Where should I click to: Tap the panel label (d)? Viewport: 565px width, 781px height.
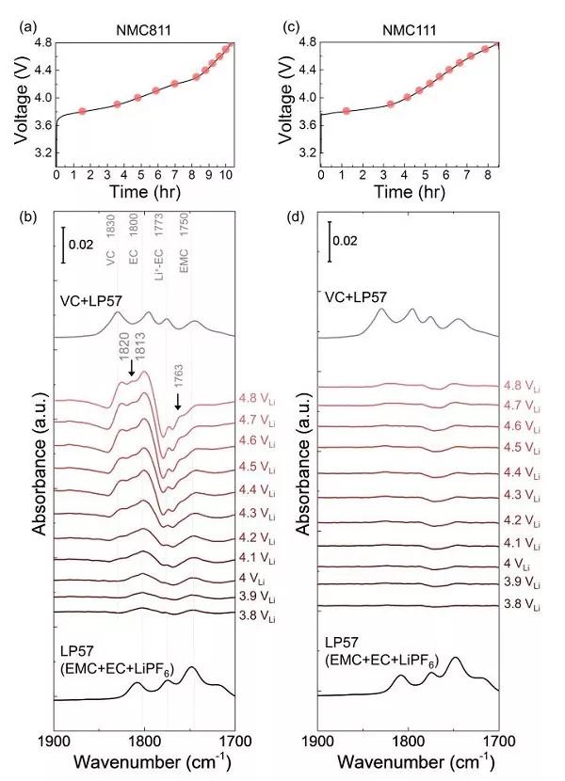(292, 218)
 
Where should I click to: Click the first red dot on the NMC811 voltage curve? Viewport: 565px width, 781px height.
(82, 111)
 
